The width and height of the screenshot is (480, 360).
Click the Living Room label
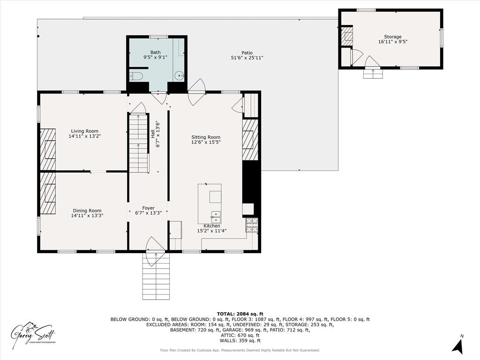[85, 131]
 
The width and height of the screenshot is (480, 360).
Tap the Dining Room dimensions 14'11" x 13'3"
[87, 216]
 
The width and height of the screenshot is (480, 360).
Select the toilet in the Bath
[136, 76]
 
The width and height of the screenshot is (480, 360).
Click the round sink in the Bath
[179, 75]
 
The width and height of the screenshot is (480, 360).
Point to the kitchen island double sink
[216, 216]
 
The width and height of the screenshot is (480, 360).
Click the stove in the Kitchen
[252, 225]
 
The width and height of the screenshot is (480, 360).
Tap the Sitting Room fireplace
[250, 140]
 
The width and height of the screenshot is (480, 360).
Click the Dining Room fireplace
[48, 193]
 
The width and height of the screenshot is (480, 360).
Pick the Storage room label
[393, 37]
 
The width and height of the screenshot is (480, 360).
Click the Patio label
[247, 53]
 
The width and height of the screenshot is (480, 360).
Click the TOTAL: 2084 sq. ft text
[240, 314]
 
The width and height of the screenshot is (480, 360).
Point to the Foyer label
[148, 208]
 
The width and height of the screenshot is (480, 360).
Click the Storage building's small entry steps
[373, 74]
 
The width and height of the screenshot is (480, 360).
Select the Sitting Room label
[206, 137]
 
